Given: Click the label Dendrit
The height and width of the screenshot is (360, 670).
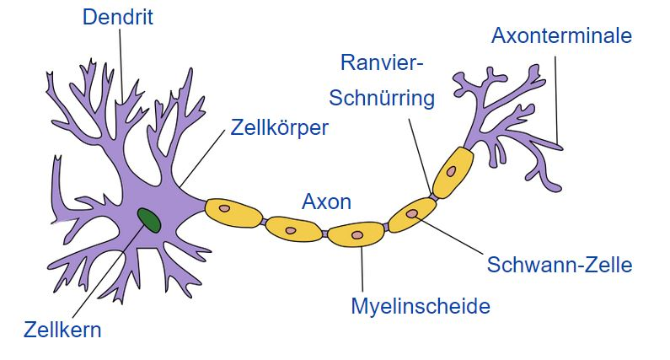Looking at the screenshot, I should [117, 17].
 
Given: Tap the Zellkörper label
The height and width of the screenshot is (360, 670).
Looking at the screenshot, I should [279, 128].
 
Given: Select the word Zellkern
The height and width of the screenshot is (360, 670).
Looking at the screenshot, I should [63, 329].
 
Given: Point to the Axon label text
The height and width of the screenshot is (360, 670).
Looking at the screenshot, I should [326, 202].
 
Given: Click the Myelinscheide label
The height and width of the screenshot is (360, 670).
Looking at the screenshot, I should [420, 305].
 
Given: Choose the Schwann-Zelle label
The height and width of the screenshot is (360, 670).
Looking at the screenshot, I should [559, 265].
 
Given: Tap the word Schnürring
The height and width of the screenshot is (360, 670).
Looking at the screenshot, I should [382, 99].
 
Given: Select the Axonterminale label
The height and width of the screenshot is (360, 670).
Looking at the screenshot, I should [560, 36].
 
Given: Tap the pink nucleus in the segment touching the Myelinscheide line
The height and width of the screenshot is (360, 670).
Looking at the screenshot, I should [357, 234].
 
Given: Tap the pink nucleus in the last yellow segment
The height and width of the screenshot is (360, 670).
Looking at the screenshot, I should [452, 171].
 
